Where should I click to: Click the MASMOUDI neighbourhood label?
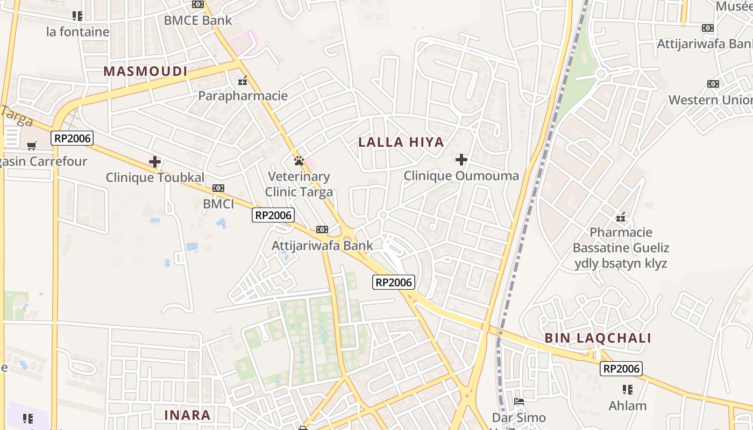(x=145, y=71)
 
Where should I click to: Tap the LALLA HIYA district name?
(x=401, y=142)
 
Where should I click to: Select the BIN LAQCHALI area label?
(x=598, y=338)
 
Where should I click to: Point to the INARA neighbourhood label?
(x=187, y=415)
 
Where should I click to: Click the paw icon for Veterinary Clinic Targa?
(x=299, y=161)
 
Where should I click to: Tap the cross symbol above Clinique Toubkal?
(x=155, y=161)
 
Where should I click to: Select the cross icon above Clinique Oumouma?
(x=461, y=160)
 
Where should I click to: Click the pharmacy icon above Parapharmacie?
(x=243, y=81)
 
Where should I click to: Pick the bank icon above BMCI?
(x=218, y=188)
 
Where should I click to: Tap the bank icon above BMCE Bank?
(x=198, y=4)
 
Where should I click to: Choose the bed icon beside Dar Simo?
(x=519, y=401)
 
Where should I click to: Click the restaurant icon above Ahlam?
(x=627, y=389)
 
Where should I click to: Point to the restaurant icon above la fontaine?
(x=77, y=16)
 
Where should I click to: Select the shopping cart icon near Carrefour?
(x=32, y=146)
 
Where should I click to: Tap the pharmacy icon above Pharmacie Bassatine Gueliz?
(x=621, y=217)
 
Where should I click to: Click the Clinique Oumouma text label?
(x=461, y=176)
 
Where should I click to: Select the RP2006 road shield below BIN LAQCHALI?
(x=621, y=369)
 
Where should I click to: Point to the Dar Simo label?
(x=518, y=418)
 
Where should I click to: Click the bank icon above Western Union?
(x=713, y=84)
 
